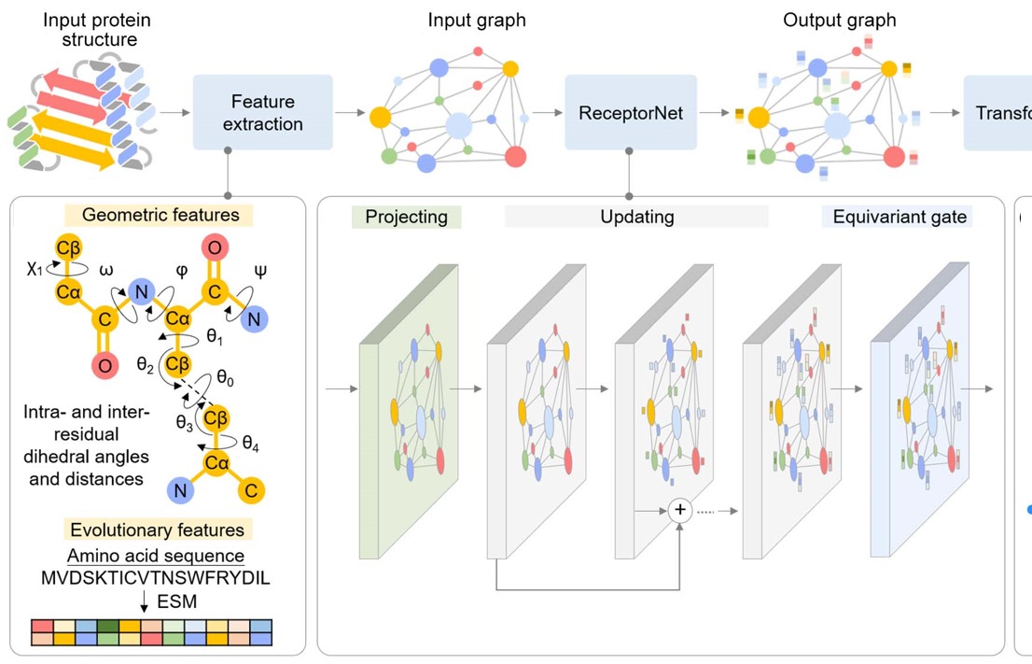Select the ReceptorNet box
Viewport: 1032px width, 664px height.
631,113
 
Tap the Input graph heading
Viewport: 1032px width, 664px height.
463,21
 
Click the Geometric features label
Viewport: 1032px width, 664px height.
160,215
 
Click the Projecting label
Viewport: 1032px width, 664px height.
407,217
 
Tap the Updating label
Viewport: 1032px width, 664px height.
635,217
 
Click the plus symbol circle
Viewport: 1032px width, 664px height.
679,509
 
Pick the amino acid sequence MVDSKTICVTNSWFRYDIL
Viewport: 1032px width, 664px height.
156,578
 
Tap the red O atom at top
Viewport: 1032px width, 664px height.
214,249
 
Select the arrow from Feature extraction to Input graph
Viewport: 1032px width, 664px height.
351,112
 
